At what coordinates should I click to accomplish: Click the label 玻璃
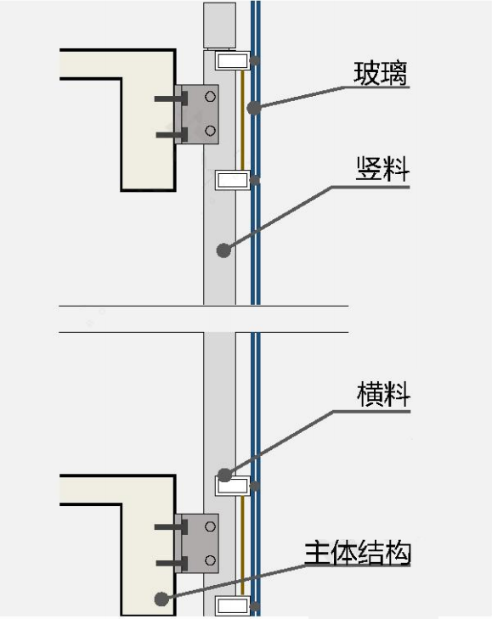[380, 73]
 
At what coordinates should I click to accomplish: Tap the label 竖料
[382, 169]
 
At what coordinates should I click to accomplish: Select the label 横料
[383, 394]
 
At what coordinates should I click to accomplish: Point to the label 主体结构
[358, 553]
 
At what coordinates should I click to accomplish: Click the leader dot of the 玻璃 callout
[254, 108]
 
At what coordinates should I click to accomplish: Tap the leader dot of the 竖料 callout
[223, 250]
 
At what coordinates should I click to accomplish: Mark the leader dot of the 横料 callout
[224, 475]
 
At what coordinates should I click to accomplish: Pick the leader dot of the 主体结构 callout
[161, 599]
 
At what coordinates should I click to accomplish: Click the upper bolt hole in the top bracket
[210, 96]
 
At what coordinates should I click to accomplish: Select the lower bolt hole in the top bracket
[210, 131]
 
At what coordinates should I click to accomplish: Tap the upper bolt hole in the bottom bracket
[210, 526]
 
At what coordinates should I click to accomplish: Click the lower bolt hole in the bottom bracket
[210, 560]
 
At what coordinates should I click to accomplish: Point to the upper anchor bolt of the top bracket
[171, 98]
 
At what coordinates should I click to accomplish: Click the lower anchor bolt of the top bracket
[172, 135]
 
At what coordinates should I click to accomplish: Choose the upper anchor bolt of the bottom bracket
[171, 527]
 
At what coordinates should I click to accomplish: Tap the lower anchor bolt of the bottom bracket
[172, 563]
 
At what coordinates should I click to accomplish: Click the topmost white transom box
[233, 60]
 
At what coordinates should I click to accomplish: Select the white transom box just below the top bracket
[233, 180]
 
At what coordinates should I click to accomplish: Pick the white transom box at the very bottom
[233, 606]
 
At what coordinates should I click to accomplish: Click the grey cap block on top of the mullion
[220, 26]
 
